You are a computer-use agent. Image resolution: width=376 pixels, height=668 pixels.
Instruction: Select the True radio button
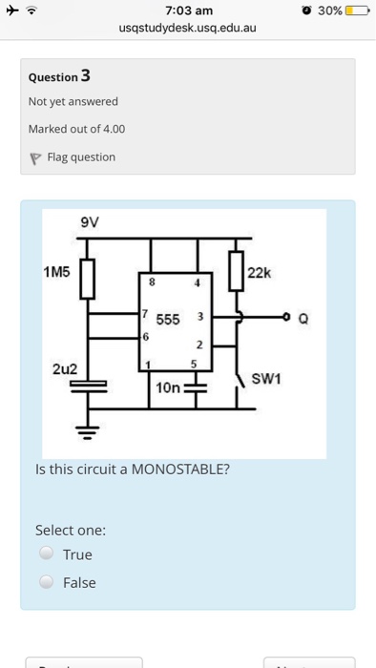pos(45,553)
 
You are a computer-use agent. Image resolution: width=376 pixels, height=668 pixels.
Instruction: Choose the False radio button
pos(45,582)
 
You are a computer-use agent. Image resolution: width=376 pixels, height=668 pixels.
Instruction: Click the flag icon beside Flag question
pos(35,157)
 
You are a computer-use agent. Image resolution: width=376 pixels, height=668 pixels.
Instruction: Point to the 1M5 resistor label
pos(57,271)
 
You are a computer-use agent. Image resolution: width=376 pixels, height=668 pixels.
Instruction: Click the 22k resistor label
pos(260,273)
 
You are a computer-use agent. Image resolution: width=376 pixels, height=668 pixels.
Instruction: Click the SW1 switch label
pos(264,379)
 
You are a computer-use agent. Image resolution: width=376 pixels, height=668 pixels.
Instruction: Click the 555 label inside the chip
pos(169,319)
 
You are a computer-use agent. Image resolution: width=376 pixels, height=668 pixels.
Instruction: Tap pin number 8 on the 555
pos(151,282)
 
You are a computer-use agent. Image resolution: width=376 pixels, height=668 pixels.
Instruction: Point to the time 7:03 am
pos(188,10)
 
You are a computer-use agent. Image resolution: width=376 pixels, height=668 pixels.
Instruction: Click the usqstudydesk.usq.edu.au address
pos(188,29)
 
